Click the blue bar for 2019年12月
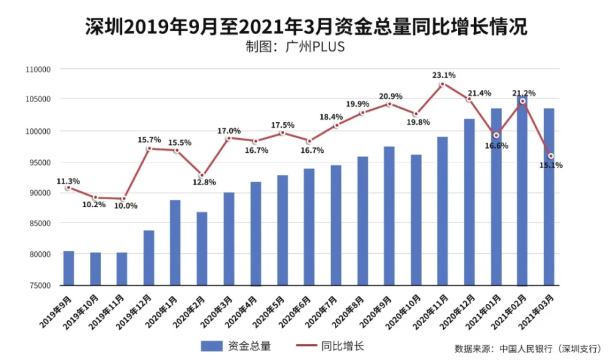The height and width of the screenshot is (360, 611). click(x=148, y=257)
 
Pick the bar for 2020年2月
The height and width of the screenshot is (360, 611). click(x=202, y=248)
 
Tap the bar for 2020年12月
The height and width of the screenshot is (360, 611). click(x=469, y=202)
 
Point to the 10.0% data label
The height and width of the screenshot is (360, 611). click(x=126, y=206)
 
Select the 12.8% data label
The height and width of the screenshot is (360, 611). click(x=203, y=183)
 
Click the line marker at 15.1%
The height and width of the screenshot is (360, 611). click(x=551, y=156)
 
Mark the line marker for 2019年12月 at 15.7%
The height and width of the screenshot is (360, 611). click(x=148, y=149)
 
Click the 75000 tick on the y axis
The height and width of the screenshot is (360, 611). click(x=40, y=285)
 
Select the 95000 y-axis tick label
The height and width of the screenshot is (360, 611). click(x=40, y=162)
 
